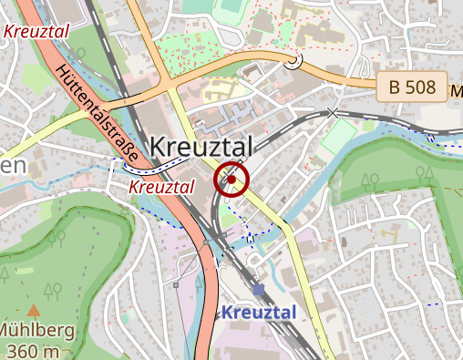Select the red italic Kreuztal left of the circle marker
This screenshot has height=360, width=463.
tap(161, 186)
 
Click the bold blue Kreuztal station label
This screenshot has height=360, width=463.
tap(259, 312)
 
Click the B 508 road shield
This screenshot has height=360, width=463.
tap(412, 87)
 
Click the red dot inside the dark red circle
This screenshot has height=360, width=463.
tap(232, 180)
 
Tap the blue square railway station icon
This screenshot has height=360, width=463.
tap(260, 290)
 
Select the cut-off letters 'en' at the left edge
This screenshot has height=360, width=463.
tap(11, 165)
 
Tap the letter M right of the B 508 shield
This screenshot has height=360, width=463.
tap(457, 91)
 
